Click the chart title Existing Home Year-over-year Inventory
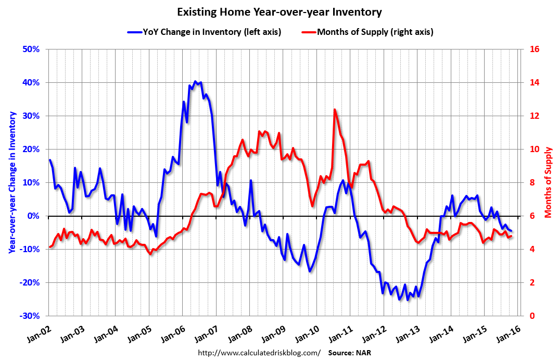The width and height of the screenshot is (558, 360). [279, 11]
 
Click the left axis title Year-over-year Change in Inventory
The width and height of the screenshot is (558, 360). [11, 182]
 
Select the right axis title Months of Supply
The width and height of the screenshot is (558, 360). [548, 182]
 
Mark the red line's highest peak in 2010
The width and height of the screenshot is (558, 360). [334, 109]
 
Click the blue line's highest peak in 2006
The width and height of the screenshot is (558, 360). [195, 81]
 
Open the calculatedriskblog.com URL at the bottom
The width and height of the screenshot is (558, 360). [259, 353]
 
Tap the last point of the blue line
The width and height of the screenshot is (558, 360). [511, 231]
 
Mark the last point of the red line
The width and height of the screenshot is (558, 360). [511, 236]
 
